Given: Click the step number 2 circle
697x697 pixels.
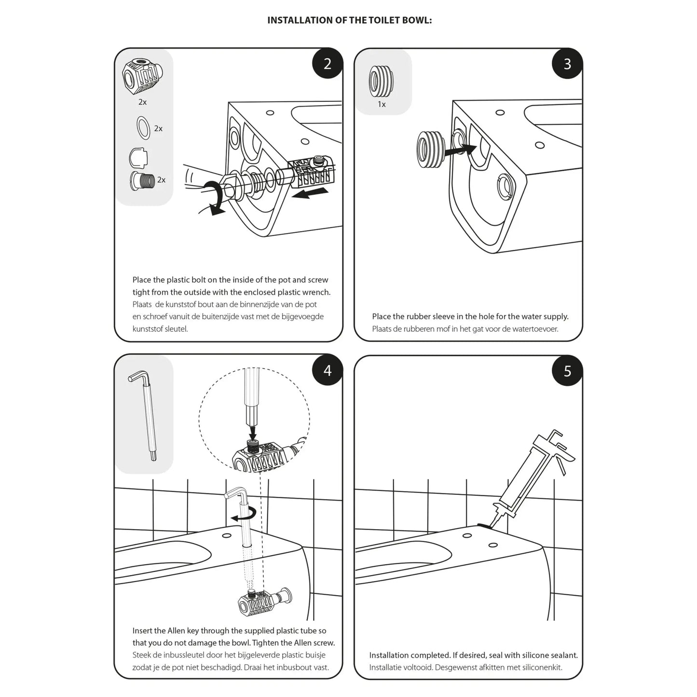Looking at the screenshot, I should (328, 63).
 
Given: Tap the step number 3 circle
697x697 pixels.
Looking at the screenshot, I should (567, 63).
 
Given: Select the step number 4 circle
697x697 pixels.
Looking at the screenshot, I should (328, 370).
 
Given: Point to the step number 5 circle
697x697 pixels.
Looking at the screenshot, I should (567, 370).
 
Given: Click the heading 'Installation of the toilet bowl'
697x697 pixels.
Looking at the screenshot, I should (350, 20).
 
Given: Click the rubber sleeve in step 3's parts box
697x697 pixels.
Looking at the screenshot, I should (381, 80).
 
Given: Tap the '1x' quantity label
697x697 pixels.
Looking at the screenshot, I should (382, 104).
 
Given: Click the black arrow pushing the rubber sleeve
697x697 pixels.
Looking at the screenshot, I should (458, 150).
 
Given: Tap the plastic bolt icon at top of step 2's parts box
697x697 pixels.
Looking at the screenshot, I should (142, 77).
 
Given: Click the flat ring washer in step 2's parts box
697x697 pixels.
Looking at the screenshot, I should (144, 128).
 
